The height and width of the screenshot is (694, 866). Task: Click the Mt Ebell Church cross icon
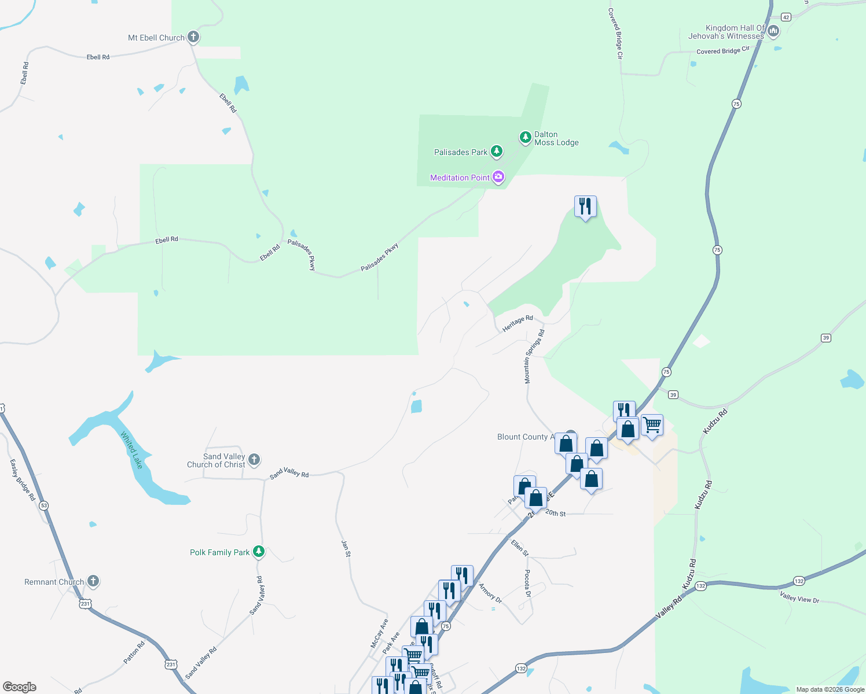point(193,38)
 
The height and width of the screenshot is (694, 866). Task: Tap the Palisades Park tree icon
point(496,152)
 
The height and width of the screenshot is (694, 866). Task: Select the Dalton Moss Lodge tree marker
point(525,138)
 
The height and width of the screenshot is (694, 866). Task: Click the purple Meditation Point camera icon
point(498,178)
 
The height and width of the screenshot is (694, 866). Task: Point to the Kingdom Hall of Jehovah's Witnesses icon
point(773,30)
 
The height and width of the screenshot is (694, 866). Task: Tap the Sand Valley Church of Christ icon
point(254,460)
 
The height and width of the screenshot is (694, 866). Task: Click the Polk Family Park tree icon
point(259,552)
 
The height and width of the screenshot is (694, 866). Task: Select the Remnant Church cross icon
point(93,581)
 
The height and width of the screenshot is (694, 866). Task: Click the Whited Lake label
point(131,450)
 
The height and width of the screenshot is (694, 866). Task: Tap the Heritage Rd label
point(518,323)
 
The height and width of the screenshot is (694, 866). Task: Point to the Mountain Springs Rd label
point(534,356)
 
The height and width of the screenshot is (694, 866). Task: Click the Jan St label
point(346,548)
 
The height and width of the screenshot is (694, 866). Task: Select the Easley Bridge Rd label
point(23,479)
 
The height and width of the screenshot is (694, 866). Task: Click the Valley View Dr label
point(799,597)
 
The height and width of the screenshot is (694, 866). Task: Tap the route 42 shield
point(786,17)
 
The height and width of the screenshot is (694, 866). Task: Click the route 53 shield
point(44,505)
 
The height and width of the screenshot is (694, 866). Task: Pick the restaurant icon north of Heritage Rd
point(585,206)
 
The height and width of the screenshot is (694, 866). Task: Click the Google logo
point(20,686)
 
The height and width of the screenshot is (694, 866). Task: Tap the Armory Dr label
point(490,592)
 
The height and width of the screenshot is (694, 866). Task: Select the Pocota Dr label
point(527,583)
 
